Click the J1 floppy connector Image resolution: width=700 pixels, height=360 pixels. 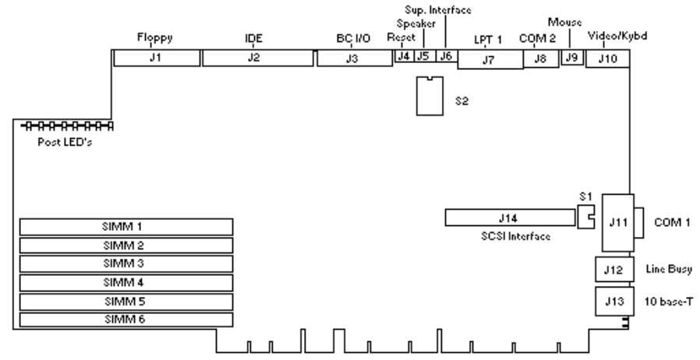point(156,58)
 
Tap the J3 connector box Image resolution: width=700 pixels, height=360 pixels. point(353,59)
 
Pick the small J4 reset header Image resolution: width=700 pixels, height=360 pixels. point(404,56)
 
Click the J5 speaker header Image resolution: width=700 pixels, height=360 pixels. point(423,56)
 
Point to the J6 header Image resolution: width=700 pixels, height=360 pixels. point(445,56)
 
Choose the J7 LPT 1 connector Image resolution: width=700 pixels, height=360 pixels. point(489,60)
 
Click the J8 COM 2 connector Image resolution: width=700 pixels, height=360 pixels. point(539,59)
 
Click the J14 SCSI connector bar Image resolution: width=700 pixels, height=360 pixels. point(510,217)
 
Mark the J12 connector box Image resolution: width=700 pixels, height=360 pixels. point(611,270)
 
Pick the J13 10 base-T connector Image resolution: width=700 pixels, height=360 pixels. point(611,299)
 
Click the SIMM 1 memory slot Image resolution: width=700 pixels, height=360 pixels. point(126,227)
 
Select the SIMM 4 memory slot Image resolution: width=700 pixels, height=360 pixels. point(126,281)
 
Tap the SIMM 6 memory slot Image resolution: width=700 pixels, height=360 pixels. point(126,319)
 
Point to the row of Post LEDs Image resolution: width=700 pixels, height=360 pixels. point(66,125)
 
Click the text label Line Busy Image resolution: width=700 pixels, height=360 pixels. point(670,269)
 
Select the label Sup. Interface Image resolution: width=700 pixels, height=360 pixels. point(439,9)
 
